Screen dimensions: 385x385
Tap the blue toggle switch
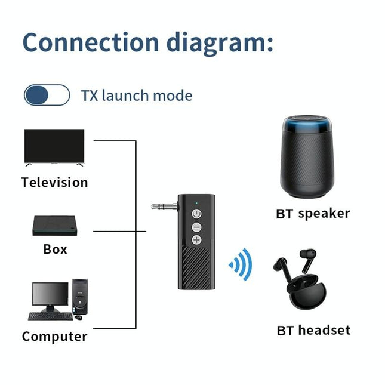[47, 96]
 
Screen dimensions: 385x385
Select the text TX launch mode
[137, 96]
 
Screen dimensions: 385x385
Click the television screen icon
[54, 147]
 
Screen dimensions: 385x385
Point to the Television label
[54, 183]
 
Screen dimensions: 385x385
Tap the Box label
[55, 249]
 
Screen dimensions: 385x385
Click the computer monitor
[50, 295]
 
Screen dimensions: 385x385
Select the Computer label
[54, 337]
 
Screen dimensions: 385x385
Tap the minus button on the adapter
[196, 227]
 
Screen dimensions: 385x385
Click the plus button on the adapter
[196, 240]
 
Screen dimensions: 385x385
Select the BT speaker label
[313, 214]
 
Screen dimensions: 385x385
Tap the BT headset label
[313, 330]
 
